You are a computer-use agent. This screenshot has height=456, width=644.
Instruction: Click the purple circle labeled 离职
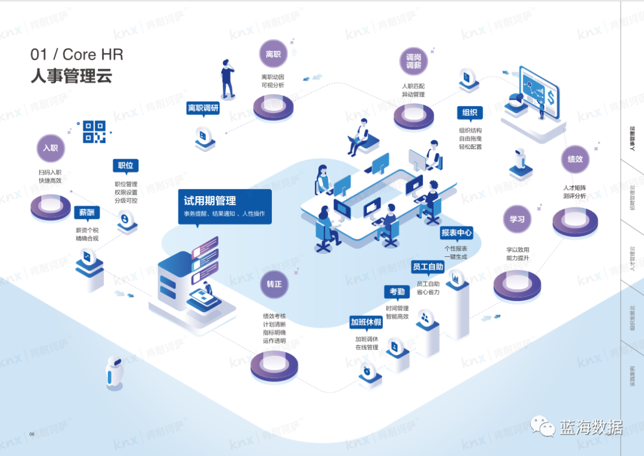pyautogui.click(x=273, y=55)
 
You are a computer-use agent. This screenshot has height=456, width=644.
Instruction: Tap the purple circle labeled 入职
pyautogui.click(x=50, y=148)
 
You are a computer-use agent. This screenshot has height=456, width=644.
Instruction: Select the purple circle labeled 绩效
pyautogui.click(x=575, y=159)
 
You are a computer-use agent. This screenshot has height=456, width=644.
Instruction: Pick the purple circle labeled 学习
pyautogui.click(x=516, y=219)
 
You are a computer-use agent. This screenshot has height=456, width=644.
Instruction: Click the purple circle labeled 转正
pyautogui.click(x=274, y=284)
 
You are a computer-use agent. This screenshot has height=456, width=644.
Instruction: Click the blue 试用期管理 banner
pyautogui.click(x=224, y=206)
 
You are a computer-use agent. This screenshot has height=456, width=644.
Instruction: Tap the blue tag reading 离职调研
pyautogui.click(x=203, y=108)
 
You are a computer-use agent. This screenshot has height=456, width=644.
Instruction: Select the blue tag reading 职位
pyautogui.click(x=125, y=166)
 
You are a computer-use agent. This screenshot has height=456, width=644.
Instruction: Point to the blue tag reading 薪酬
pyautogui.click(x=86, y=213)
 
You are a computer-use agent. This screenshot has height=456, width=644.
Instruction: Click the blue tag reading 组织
pyautogui.click(x=469, y=113)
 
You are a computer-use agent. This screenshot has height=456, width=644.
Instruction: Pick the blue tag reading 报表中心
pyautogui.click(x=456, y=232)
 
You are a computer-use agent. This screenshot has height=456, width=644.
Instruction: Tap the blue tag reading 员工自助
pyautogui.click(x=428, y=266)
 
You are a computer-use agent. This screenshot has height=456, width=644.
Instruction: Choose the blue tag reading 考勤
pyautogui.click(x=397, y=291)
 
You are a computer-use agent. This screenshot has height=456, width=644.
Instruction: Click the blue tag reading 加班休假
pyautogui.click(x=366, y=322)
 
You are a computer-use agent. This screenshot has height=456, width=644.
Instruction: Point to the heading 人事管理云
pyautogui.click(x=72, y=77)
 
